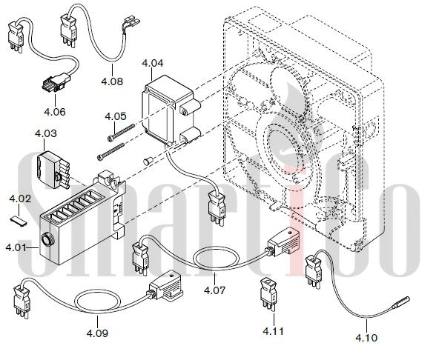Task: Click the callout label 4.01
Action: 16,247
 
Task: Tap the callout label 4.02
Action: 20,199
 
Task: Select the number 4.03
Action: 46,133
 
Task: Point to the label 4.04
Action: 153,63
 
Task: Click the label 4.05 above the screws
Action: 116,116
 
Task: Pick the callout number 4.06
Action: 55,112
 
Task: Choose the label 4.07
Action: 215,290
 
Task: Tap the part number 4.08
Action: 112,81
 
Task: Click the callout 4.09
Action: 97,333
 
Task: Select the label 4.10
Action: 366,338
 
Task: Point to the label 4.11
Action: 273,331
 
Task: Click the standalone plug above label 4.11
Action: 268,294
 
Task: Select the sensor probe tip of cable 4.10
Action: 401,302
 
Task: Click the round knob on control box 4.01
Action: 46,239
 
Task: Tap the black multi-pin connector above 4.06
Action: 56,82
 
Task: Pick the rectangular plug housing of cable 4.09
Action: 166,285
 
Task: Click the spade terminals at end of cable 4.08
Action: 131,23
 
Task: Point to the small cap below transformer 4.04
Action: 148,161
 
